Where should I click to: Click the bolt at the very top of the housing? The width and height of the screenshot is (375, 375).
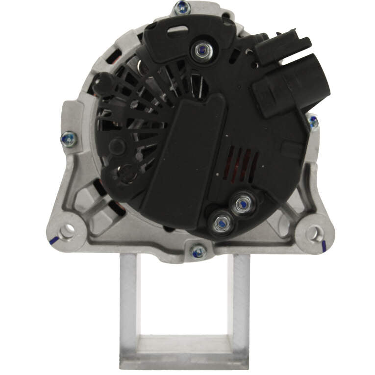[x=182, y=7]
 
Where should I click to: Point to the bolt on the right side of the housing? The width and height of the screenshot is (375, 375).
[x=313, y=122]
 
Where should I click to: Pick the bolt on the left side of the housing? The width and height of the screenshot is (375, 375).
[x=69, y=139]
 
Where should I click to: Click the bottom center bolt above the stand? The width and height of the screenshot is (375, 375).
[x=198, y=251]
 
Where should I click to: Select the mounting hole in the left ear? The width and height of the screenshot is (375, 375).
[x=67, y=229]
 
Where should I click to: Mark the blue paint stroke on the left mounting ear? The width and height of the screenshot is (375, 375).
[x=53, y=241]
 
